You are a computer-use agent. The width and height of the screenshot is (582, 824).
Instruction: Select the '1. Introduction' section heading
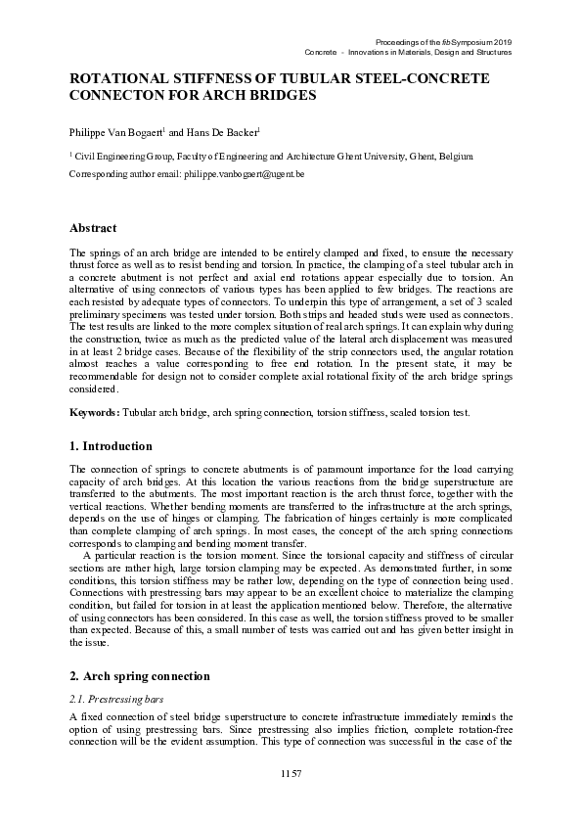[111, 445]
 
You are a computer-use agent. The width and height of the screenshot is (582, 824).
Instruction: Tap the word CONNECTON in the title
[117, 97]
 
